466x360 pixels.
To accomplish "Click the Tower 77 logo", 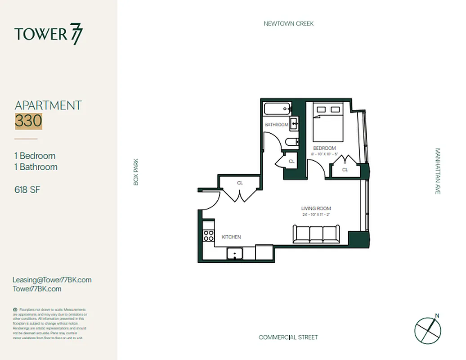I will point(49,35).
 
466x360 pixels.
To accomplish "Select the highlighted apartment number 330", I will point(28,121).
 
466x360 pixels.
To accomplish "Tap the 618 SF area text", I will point(27,189).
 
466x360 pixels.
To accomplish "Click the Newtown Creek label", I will point(288,23).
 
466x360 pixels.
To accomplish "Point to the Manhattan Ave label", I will point(438,171).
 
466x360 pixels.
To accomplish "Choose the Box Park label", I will point(136,171).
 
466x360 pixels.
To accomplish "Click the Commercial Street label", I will point(288,337).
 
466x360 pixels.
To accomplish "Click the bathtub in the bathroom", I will point(277,109).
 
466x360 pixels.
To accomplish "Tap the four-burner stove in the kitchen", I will point(209,235).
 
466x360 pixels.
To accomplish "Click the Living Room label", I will point(316,208).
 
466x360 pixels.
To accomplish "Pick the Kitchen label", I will point(231,237).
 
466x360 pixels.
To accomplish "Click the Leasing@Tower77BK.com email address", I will point(52,279).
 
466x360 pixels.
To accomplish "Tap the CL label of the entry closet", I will point(240,183).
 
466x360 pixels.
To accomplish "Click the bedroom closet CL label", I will point(345,170).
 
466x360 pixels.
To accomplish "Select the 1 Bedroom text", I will point(35,156).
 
